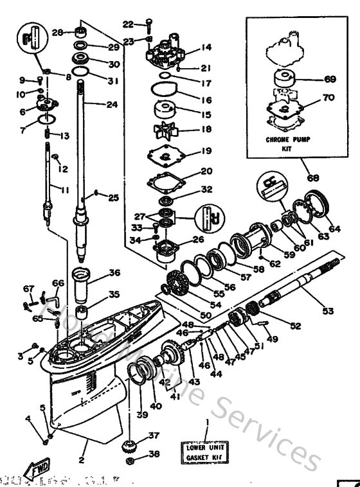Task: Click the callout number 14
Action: click(x=206, y=48)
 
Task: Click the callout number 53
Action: click(x=328, y=311)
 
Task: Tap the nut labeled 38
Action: click(x=132, y=461)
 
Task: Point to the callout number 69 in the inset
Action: click(x=330, y=80)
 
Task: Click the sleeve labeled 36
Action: click(x=84, y=281)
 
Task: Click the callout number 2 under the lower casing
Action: click(x=82, y=459)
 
